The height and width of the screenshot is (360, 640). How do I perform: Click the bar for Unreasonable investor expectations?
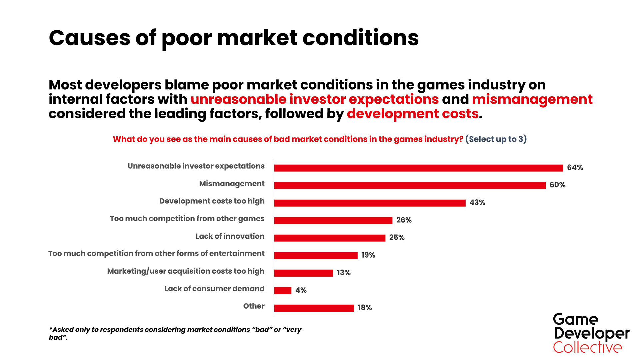(418, 168)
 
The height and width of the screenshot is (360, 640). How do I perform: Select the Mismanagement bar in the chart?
(410, 185)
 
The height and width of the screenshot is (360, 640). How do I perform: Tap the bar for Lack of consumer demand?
(283, 290)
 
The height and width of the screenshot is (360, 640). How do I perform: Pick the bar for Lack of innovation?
(330, 238)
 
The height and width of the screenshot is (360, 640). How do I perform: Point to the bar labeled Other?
(314, 308)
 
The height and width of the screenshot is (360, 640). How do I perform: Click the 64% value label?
(575, 168)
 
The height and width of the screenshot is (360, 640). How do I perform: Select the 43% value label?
(477, 203)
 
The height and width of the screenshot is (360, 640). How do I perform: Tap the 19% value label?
(368, 255)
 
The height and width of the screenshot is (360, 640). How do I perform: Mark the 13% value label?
(343, 273)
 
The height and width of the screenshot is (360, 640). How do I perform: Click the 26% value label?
(404, 220)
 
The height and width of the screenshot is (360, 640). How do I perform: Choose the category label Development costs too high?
(212, 201)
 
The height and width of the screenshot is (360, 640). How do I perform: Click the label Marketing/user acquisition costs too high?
(186, 271)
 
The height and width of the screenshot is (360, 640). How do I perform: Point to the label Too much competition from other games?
(187, 219)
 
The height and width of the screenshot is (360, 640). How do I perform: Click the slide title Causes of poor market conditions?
(233, 38)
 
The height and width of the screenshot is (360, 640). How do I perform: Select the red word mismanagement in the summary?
(532, 99)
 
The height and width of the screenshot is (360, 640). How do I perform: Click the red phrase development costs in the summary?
(413, 114)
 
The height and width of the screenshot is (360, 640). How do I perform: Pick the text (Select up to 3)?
(496, 139)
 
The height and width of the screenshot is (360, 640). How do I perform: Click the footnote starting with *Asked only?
(175, 333)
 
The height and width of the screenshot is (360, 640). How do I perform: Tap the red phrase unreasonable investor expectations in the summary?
(314, 99)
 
